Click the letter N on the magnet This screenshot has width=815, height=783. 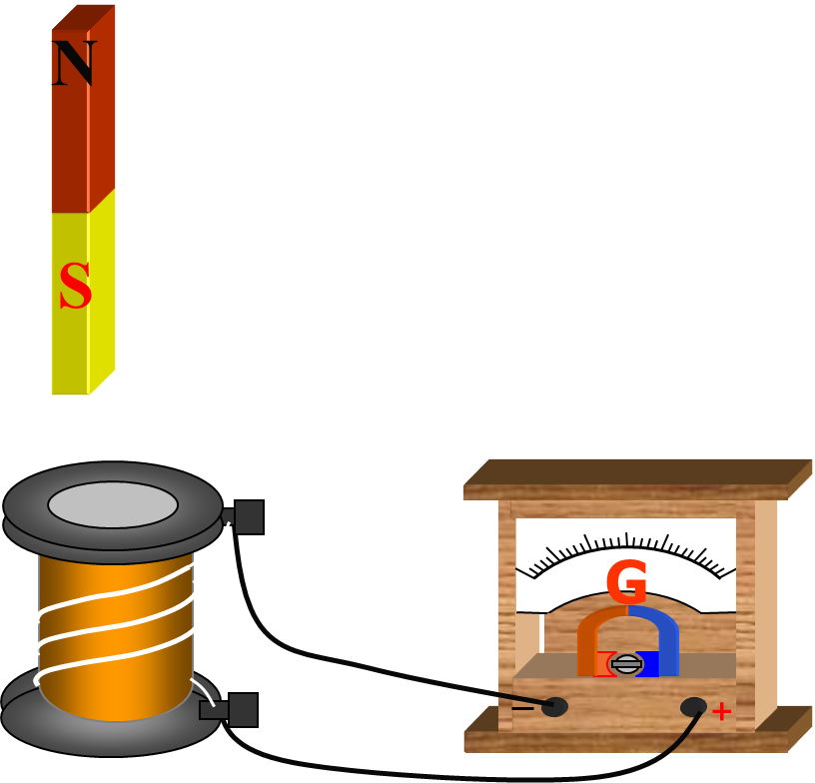tap(74, 63)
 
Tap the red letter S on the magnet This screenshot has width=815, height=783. tap(75, 287)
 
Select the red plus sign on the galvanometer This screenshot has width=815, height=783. tap(721, 711)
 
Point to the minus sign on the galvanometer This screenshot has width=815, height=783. tap(522, 708)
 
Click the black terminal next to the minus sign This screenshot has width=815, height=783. tap(554, 707)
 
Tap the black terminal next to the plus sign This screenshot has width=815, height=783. tap(693, 707)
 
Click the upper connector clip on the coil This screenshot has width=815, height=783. tap(248, 517)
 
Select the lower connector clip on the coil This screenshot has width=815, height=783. tap(242, 710)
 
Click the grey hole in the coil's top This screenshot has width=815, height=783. tap(113, 505)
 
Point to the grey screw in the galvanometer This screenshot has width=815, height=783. tap(626, 663)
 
